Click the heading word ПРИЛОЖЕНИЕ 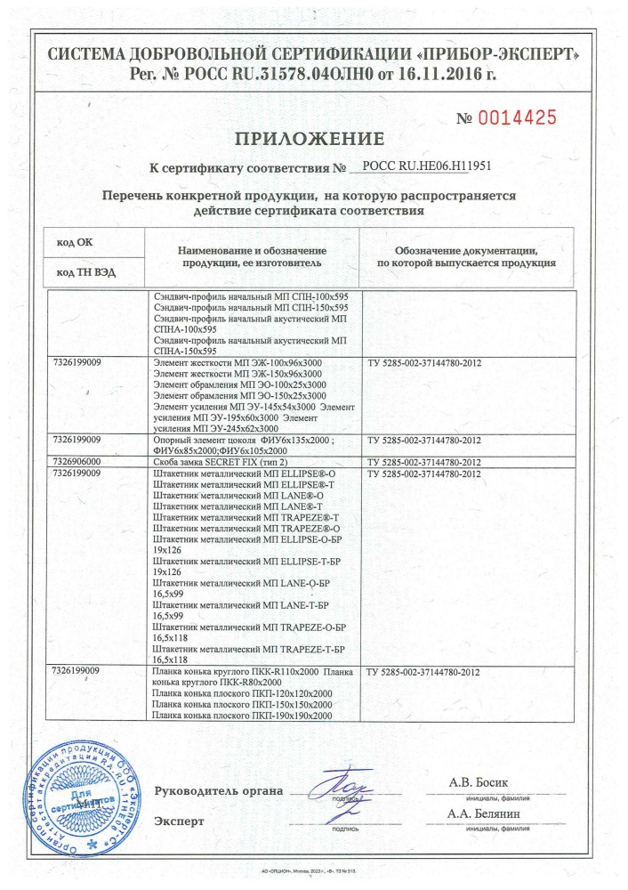click(310, 139)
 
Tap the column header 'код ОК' click(74, 242)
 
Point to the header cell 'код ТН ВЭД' click(85, 271)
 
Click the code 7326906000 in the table click(77, 463)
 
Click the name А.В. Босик click(481, 782)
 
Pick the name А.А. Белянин click(485, 814)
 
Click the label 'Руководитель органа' click(219, 791)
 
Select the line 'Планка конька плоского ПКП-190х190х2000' click(243, 716)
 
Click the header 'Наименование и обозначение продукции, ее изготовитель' click(254, 257)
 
